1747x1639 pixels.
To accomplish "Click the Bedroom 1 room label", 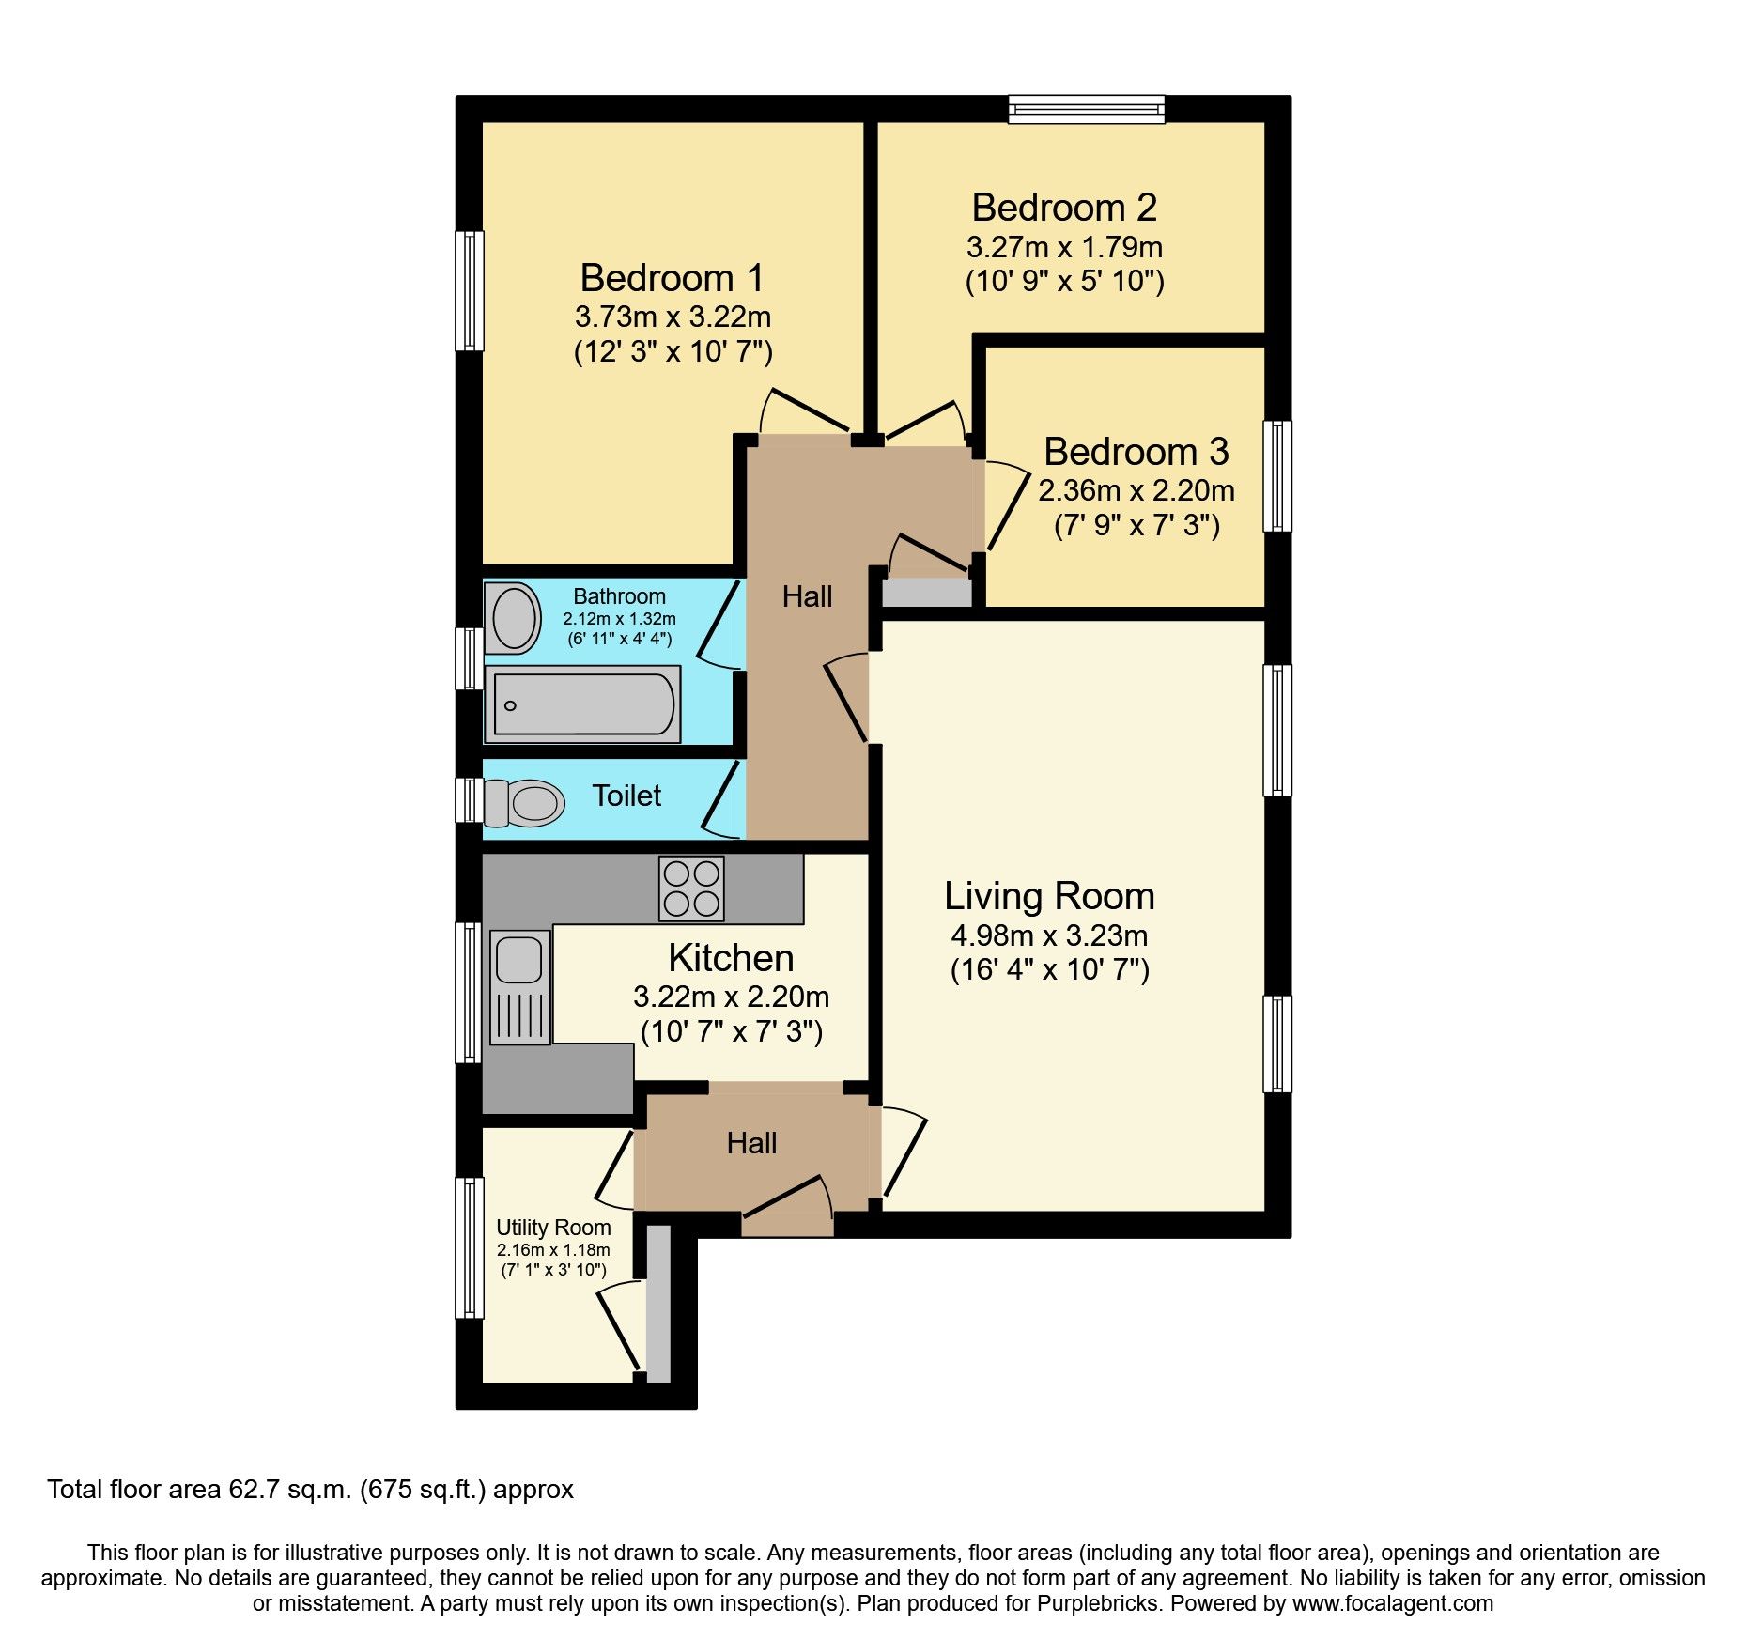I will [672, 278].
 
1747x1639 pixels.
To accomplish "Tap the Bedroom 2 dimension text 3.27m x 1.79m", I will [1064, 247].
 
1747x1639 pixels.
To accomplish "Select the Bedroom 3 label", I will [1136, 452].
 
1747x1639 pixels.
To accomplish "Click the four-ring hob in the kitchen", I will [692, 888].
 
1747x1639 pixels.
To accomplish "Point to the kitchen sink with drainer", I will [519, 987].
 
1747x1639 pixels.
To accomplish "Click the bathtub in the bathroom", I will [582, 704].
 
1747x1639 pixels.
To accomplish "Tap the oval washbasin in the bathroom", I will [514, 618].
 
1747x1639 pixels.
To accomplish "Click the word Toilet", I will [626, 796].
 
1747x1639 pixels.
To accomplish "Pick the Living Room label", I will [1049, 896].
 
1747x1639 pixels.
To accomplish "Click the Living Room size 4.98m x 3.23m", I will [1049, 935].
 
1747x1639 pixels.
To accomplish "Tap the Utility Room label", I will [553, 1228].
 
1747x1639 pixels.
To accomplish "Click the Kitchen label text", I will [731, 958].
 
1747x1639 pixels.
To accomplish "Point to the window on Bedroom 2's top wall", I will [1087, 109].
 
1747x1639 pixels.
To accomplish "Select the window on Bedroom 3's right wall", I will [1277, 476].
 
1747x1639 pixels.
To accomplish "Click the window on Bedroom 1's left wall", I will [470, 290].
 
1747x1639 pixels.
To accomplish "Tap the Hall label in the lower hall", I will [751, 1143].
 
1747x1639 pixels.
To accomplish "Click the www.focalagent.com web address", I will [1392, 1603].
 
